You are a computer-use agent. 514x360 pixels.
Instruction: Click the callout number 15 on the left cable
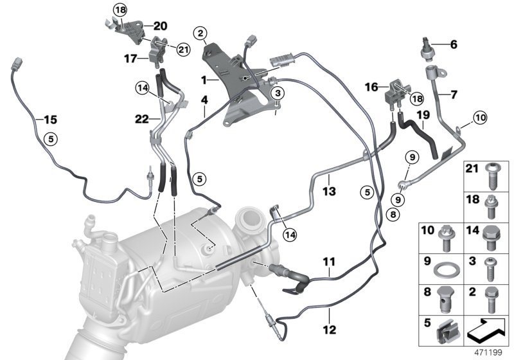(x=49, y=119)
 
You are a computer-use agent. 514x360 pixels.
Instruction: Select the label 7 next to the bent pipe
(x=454, y=94)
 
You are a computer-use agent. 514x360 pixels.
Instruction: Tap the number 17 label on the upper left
(x=131, y=59)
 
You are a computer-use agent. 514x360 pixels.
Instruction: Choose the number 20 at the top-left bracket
(x=160, y=26)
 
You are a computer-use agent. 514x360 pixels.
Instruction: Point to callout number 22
(x=142, y=118)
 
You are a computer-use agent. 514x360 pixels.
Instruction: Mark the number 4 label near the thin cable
(x=204, y=100)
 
